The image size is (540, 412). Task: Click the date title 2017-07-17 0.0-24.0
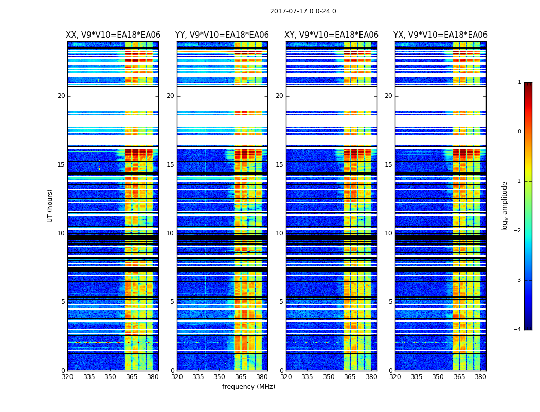[303, 11]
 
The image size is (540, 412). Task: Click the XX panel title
[113, 35]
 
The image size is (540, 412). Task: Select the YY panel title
[222, 35]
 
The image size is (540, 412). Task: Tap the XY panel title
[332, 35]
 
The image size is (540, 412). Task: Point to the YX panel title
[440, 35]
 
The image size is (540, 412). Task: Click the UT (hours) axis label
[50, 205]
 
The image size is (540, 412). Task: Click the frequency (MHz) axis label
[248, 387]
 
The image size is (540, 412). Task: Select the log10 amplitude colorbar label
[505, 205]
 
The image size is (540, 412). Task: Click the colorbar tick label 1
[519, 82]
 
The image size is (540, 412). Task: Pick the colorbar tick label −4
[518, 330]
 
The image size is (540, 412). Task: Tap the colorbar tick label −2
[518, 231]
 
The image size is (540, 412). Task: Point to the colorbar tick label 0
[519, 132]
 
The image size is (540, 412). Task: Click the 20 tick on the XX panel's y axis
[61, 96]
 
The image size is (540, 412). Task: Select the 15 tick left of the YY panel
[170, 165]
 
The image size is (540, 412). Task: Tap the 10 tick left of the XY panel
[279, 233]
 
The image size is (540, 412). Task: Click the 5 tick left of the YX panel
[390, 302]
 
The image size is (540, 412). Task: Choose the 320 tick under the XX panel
[68, 377]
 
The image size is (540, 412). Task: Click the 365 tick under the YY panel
[241, 377]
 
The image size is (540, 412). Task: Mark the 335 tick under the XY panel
[308, 377]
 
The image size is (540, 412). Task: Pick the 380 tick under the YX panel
[480, 377]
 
